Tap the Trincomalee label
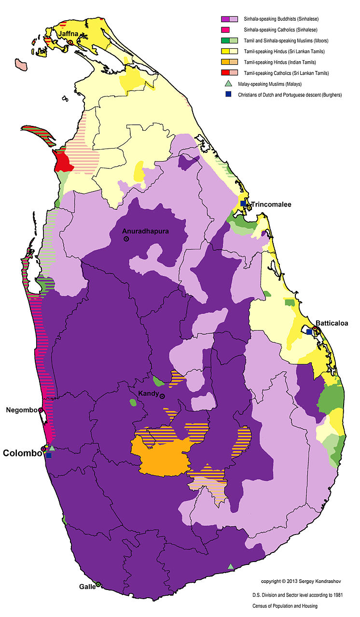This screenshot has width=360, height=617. [x=271, y=205]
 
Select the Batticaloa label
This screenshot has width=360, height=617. [x=332, y=323]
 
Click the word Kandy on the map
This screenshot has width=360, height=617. [x=148, y=394]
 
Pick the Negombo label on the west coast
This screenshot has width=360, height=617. [x=21, y=410]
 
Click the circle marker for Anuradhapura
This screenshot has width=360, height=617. [x=126, y=239]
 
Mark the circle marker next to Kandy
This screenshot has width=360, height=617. [x=163, y=397]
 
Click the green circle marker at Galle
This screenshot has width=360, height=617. [x=98, y=585]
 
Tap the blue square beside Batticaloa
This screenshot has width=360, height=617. [x=309, y=332]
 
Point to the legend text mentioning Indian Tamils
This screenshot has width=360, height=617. [x=280, y=62]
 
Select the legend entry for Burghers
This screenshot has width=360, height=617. [x=290, y=95]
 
